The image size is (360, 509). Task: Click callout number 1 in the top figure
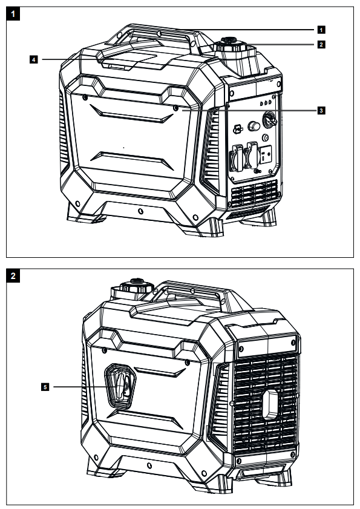[x=322, y=28]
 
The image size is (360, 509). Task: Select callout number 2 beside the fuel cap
[x=322, y=44]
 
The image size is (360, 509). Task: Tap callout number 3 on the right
[x=322, y=110]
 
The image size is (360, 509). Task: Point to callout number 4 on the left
[x=34, y=59]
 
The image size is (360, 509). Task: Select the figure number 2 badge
[x=13, y=277]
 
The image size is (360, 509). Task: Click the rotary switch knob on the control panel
[x=269, y=121]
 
